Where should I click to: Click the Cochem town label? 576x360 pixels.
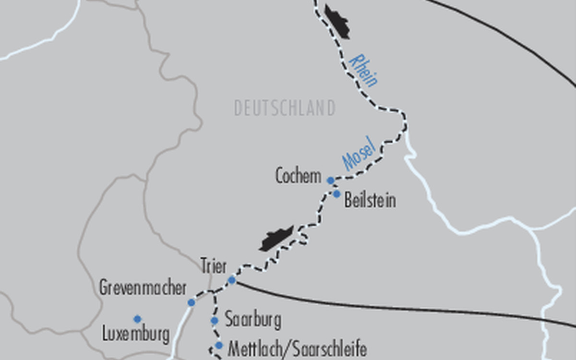coord(298,176)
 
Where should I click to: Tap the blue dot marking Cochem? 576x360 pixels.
coord(330,180)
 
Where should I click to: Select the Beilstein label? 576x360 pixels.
coord(370,200)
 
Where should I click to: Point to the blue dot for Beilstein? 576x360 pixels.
coord(336,194)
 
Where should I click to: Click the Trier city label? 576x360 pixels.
coord(213,266)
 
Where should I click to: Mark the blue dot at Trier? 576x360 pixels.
coord(232,280)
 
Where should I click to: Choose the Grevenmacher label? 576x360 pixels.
coord(143,288)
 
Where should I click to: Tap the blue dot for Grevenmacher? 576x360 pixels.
coord(191,302)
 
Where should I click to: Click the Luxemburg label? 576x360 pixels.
coord(136,334)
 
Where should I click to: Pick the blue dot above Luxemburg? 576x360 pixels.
coord(137,319)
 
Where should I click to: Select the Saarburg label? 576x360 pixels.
coord(253,320)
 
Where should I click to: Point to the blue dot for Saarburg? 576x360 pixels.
coord(214,321)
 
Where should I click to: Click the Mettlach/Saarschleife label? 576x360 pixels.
coord(297,348)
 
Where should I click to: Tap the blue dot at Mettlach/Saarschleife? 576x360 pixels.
coord(219,345)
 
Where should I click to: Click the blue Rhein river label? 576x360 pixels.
coord(363,70)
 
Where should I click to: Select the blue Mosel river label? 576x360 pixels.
coord(359,156)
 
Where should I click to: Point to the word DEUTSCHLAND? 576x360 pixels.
coord(285,108)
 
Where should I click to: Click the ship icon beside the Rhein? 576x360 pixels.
coord(337,21)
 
